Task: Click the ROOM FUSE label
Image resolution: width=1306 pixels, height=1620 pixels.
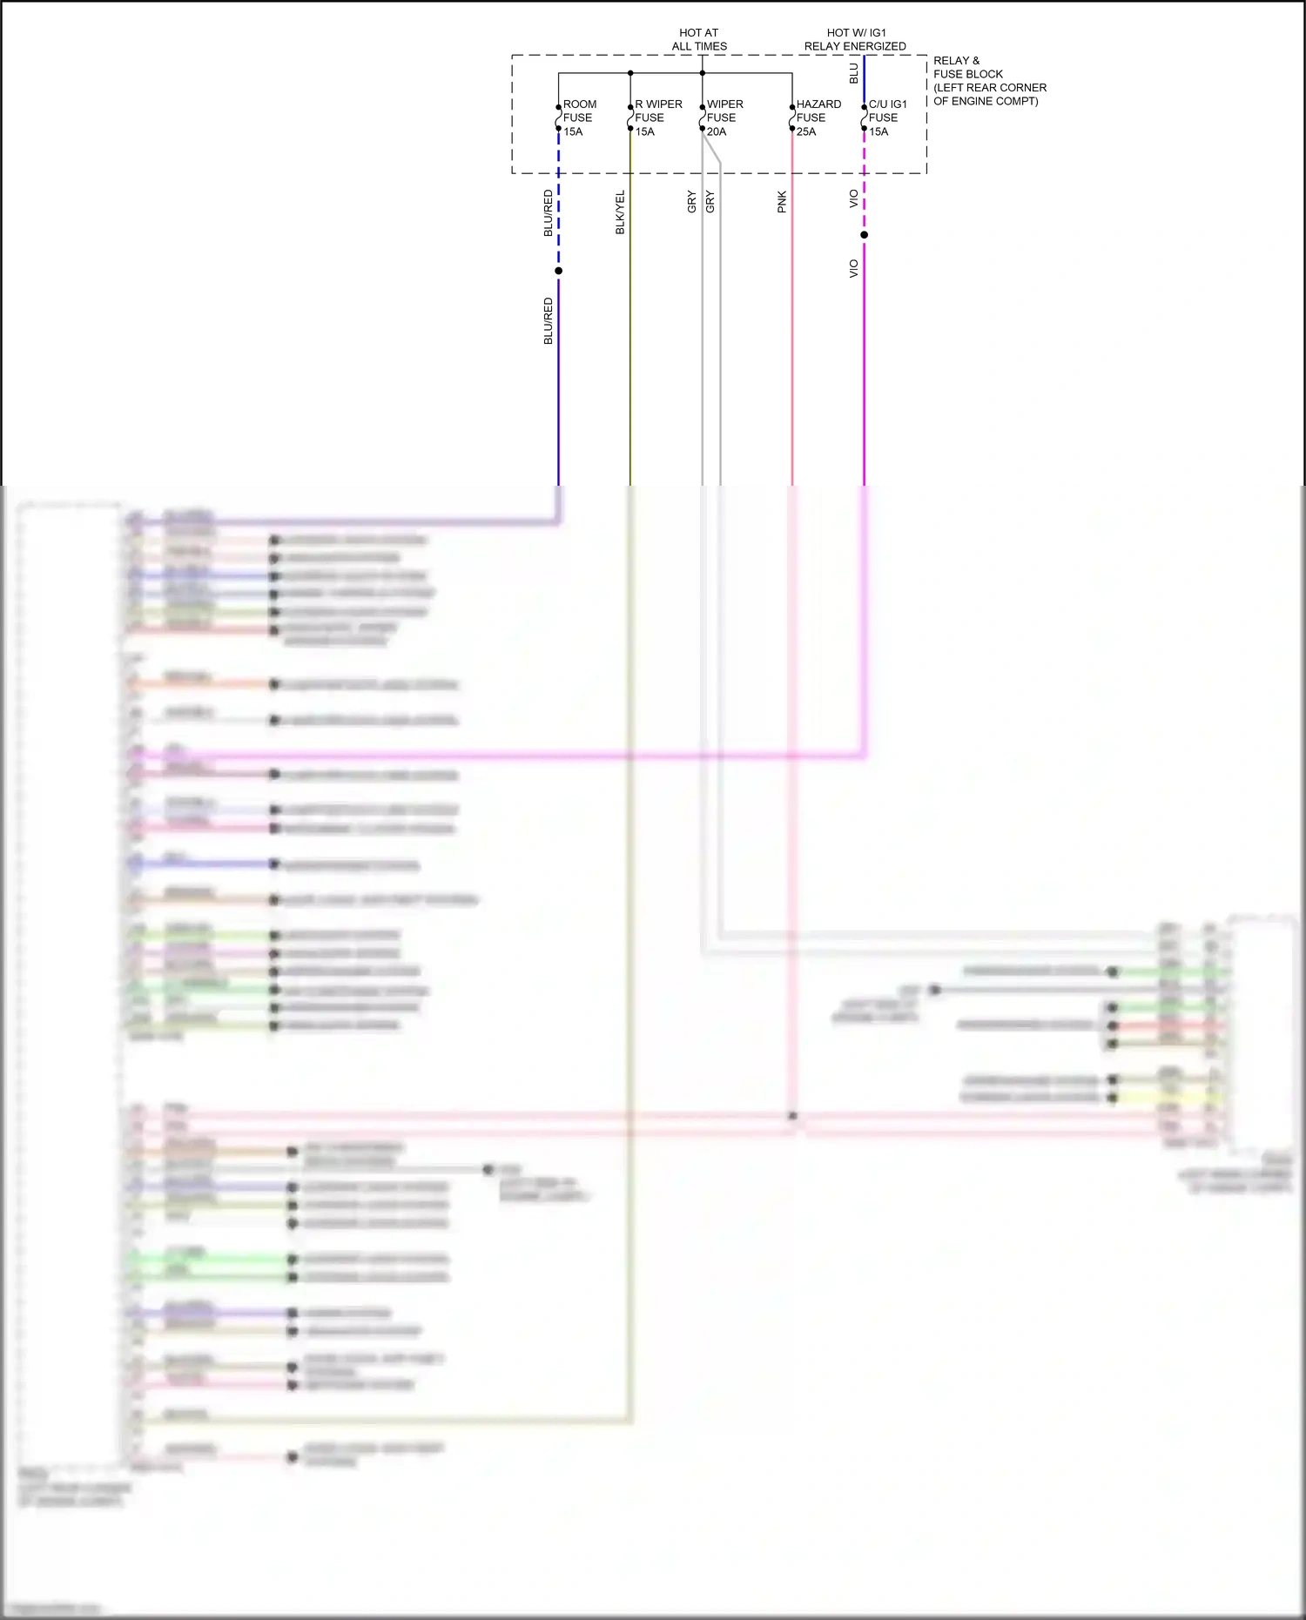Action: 579,111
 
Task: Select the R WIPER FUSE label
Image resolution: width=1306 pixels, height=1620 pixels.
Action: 658,111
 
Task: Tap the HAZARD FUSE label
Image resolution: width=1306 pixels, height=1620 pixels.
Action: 818,111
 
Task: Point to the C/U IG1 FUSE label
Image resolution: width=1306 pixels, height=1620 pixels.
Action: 887,111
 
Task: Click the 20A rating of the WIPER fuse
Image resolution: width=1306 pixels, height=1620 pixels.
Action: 717,132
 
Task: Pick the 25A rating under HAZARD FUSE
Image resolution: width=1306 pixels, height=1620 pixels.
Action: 806,132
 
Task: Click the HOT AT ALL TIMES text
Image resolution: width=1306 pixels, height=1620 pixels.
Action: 699,39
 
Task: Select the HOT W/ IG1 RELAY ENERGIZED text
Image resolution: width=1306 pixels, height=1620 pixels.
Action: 855,39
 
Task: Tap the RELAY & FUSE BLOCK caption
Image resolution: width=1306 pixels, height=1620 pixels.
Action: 989,81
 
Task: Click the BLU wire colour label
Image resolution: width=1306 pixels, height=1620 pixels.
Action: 854,73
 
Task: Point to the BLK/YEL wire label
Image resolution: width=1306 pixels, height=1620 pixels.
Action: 621,212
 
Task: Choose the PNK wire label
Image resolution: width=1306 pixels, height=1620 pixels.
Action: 782,202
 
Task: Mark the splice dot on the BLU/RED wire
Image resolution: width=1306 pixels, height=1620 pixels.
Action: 558,271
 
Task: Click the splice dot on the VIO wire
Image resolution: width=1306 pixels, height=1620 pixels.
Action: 864,235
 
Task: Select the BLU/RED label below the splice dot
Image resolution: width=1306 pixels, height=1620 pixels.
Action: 549,320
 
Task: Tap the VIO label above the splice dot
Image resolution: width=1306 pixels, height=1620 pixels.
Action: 854,198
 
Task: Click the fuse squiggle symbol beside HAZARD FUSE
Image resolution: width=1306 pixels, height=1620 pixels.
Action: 791,118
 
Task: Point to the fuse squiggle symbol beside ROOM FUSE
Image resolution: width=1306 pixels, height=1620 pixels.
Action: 558,118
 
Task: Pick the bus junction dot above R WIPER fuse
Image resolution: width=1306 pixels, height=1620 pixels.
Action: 630,73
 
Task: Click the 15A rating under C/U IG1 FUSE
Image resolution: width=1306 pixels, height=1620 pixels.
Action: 879,132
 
